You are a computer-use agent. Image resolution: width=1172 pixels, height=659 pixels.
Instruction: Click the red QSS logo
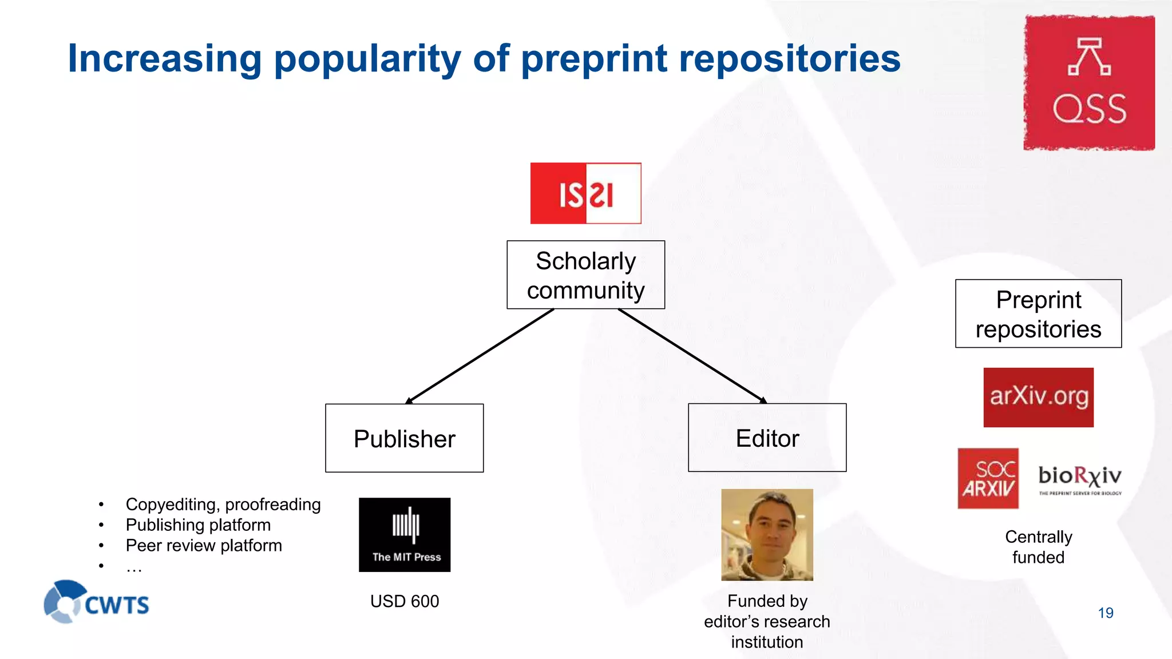pos(1089,83)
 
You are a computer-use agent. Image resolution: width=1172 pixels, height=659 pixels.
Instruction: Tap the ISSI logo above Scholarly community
pos(585,193)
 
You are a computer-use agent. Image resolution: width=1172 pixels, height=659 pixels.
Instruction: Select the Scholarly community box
pos(585,275)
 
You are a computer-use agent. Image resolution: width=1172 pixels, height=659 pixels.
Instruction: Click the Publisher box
pos(404,438)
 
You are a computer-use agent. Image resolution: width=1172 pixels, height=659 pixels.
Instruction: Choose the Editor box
pos(767,438)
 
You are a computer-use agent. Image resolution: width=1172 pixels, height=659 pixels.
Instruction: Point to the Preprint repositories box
pos(1038,313)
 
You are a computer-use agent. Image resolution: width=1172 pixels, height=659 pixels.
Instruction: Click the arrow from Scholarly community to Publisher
pos(480,356)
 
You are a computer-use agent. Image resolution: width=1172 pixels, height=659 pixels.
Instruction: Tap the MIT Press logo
pos(405,535)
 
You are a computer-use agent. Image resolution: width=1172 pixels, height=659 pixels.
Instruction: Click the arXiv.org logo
pos(1038,397)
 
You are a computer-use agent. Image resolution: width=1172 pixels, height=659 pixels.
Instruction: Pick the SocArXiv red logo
pos(988,478)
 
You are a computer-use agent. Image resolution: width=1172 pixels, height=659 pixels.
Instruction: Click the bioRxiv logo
pos(1080,478)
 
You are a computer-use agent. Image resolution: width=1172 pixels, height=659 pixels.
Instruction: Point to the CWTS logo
pos(96,602)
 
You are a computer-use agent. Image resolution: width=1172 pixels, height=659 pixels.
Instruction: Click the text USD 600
pos(404,601)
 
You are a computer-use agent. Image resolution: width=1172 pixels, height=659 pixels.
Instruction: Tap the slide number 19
pos(1105,613)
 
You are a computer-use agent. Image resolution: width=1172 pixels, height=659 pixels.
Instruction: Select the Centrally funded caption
pos(1038,547)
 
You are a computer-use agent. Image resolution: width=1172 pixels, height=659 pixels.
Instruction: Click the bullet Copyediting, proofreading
pos(223,505)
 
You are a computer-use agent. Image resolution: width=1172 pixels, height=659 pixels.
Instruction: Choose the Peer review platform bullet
pos(204,546)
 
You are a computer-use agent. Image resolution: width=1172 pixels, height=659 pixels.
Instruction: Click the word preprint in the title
pos(594,59)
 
